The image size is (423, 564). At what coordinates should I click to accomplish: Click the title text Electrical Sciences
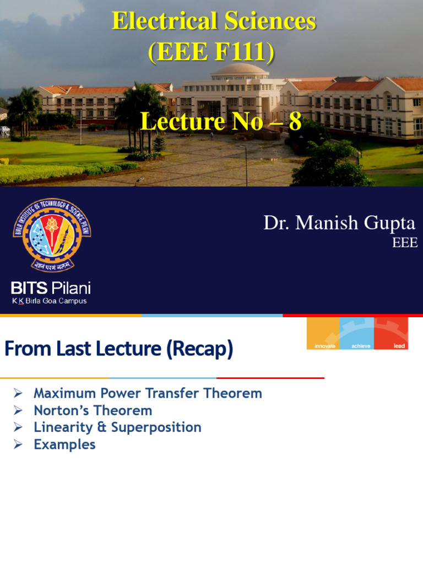pos(214,22)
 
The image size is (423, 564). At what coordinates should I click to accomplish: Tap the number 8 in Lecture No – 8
pos(295,122)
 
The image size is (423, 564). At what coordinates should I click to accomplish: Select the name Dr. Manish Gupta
pos(339,223)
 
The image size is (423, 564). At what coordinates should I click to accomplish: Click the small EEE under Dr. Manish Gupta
pos(405,243)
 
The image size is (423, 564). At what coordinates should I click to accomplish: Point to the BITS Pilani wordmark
pos(51,288)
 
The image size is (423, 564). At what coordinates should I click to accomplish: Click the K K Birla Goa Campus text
pos(50,301)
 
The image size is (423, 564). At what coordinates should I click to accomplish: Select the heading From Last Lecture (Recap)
pos(119,349)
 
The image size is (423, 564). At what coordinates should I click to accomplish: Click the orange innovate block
pos(323,334)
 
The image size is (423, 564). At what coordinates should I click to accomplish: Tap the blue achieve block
pos(357,334)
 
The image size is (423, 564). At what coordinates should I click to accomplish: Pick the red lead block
pos(391,334)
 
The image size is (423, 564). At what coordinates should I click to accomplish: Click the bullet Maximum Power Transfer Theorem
pos(148,393)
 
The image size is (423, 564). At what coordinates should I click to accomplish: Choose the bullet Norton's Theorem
pos(93,410)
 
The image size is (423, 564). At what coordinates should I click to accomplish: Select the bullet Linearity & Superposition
pos(117,427)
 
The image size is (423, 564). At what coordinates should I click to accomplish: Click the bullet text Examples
pos(64,444)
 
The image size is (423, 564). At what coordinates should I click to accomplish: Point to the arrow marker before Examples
pos(18,444)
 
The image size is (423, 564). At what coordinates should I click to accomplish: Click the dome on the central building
pos(240,69)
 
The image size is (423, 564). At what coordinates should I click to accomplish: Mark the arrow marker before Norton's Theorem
pos(18,410)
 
